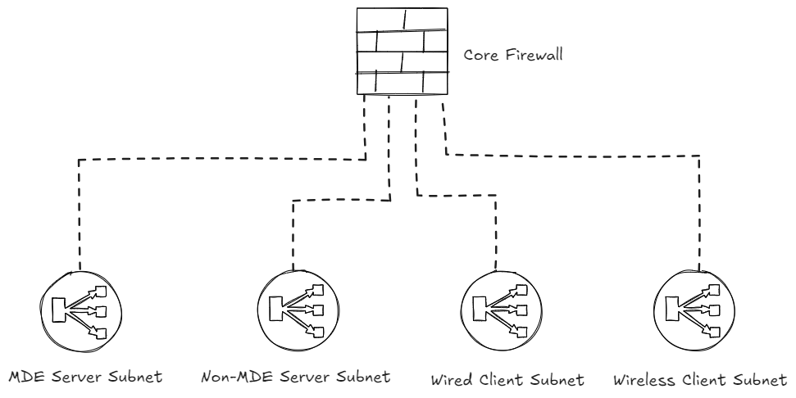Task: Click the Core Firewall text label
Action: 506,57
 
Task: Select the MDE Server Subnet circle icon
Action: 80,310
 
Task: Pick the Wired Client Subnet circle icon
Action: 494,310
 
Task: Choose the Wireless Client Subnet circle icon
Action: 699,310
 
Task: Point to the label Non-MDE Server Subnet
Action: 293,379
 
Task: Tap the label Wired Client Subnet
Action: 506,381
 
